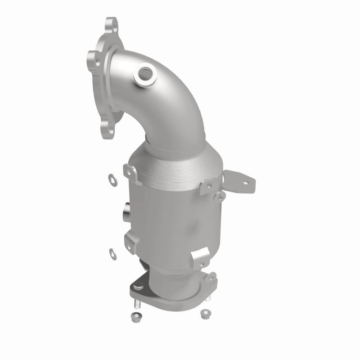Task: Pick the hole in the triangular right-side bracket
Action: tap(245, 183)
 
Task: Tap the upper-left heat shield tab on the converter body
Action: tap(131, 174)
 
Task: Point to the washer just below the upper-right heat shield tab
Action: tap(220, 196)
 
